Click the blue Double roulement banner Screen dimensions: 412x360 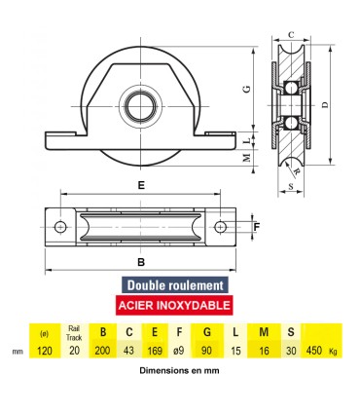[175, 285]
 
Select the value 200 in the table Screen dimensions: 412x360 [102, 351]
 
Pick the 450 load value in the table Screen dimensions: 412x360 [313, 351]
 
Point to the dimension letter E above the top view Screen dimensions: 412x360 [142, 184]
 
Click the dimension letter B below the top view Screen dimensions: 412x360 [142, 262]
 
